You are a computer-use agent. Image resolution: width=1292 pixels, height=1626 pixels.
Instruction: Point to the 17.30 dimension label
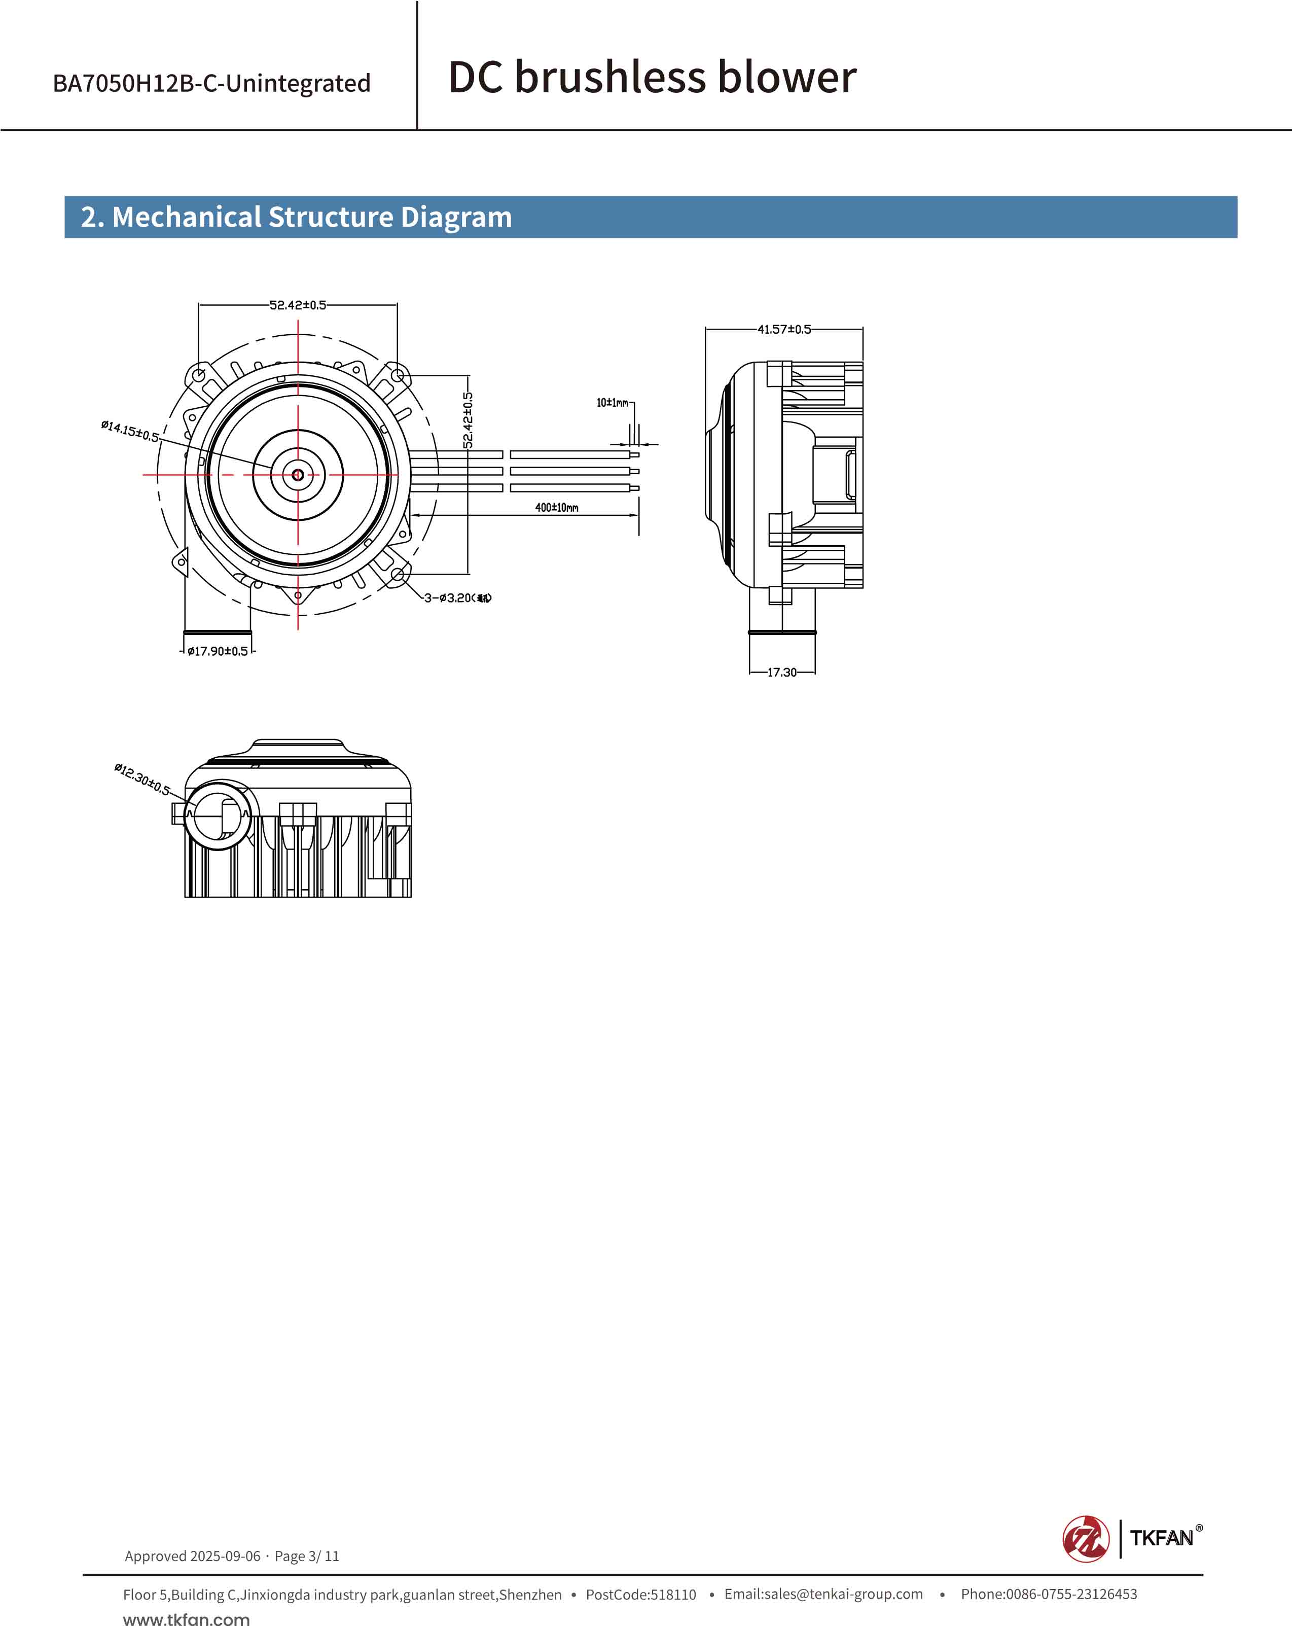point(782,672)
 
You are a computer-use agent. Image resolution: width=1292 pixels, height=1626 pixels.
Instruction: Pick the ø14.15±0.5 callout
point(130,432)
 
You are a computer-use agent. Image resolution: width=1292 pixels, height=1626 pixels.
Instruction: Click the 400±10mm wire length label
point(556,508)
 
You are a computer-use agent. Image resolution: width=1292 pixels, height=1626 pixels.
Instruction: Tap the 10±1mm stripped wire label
point(612,403)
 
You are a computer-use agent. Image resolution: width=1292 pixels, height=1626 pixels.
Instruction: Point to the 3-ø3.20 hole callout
point(457,598)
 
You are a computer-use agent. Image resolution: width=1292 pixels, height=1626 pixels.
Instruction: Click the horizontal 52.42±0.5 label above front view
point(298,305)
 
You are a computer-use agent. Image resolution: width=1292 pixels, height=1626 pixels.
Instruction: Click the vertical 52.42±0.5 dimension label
point(468,420)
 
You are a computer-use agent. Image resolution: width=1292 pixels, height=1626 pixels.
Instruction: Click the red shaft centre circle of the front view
point(298,474)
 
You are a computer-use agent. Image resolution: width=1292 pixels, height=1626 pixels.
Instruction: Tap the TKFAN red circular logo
point(1086,1539)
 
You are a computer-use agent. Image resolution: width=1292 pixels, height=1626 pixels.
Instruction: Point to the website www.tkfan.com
point(186,1618)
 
